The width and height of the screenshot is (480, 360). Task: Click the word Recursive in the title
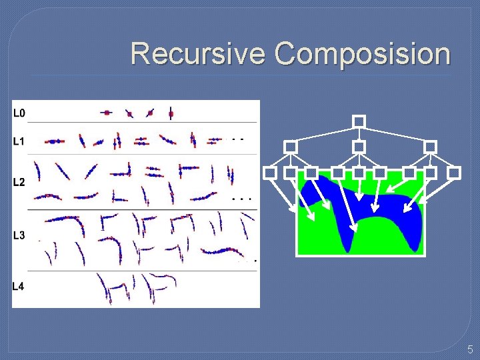(198, 53)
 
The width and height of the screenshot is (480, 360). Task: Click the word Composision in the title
(363, 54)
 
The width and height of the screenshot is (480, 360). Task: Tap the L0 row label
(19, 113)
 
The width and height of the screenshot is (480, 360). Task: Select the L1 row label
(19, 141)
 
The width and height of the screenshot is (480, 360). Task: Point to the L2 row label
(19, 182)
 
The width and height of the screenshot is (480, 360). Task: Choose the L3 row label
(19, 235)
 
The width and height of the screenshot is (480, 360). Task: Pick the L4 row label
(19, 287)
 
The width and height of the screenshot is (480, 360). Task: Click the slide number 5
(469, 349)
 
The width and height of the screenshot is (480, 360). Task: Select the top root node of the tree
(359, 121)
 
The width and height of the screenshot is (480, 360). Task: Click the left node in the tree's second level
(290, 146)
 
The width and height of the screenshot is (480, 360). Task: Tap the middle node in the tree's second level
(359, 146)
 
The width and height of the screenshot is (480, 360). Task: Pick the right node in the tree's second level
(430, 146)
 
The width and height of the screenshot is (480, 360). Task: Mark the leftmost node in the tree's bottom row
(269, 173)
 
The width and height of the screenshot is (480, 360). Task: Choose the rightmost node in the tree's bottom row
(454, 173)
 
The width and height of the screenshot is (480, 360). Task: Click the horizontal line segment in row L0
(107, 113)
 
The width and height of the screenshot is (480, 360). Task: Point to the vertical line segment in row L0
(171, 113)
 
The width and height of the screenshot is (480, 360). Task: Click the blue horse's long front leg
(349, 230)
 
